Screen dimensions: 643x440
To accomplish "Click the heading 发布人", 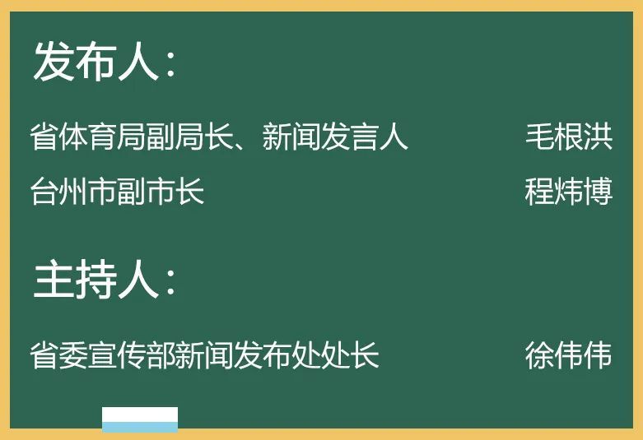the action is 96,61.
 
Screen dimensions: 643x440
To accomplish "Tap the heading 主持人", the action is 96,279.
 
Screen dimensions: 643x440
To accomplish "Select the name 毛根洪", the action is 569,137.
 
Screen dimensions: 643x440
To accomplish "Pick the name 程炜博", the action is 569,191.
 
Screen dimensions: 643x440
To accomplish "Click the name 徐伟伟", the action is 569,354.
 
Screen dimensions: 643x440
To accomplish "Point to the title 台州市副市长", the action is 117,191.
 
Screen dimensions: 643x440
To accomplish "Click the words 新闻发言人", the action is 335,137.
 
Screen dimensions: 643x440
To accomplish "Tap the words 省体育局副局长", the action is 132,137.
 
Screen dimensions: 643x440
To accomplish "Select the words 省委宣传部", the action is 103,354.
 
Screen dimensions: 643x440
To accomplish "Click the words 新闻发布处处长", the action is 277,354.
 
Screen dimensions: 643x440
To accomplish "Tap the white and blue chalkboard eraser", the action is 140,419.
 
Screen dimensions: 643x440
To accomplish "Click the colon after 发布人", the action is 171,65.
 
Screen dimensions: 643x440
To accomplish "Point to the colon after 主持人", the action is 171,283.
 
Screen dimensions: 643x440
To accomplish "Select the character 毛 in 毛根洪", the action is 540,137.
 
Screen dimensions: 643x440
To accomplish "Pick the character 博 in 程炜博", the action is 599,191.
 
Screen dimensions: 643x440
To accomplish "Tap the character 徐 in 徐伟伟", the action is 540,354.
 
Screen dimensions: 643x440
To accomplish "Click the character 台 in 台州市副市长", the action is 44,191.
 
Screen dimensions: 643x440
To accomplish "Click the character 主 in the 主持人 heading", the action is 54,279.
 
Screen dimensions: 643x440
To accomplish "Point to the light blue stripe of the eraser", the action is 140,428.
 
